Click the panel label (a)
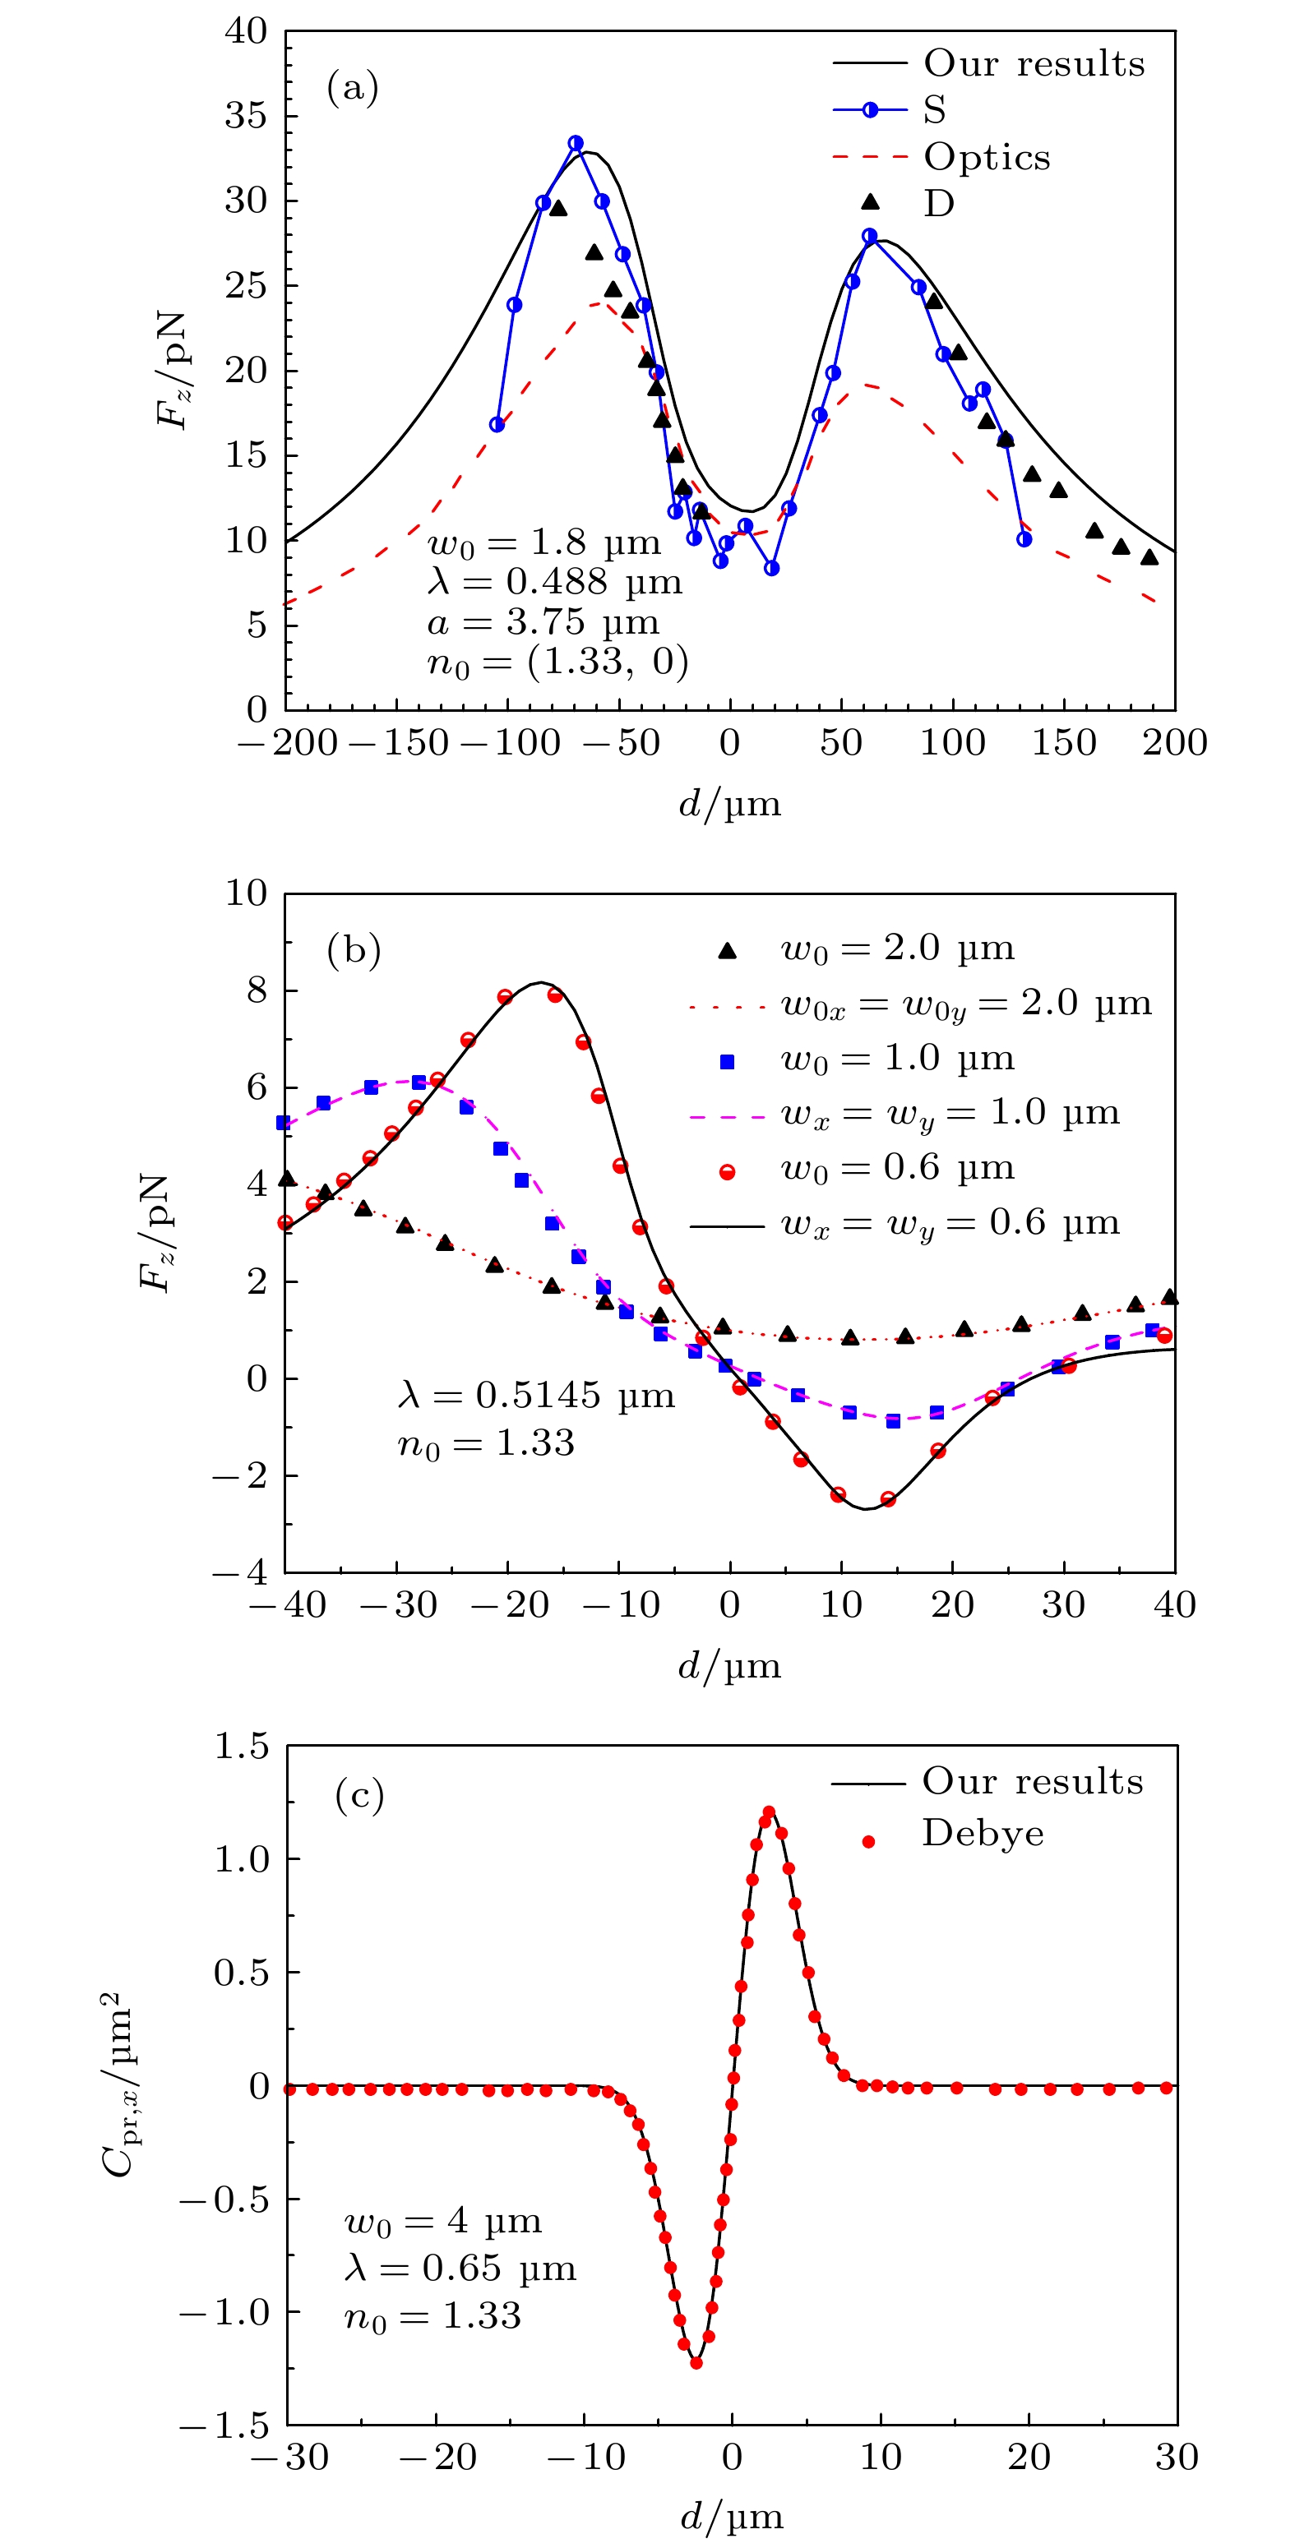pyautogui.click(x=352, y=89)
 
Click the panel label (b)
pyautogui.click(x=354, y=949)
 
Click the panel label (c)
pyautogui.click(x=359, y=1795)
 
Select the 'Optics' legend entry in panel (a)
pyautogui.click(x=987, y=156)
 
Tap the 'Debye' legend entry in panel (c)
pyautogui.click(x=983, y=1833)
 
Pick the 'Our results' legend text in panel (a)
pyautogui.click(x=1034, y=63)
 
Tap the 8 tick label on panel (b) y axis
pyautogui.click(x=257, y=990)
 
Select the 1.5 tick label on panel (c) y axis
pyautogui.click(x=242, y=1747)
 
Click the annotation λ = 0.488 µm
pyautogui.click(x=555, y=582)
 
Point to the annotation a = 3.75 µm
pyautogui.click(x=543, y=622)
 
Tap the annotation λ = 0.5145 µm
pyautogui.click(x=535, y=1395)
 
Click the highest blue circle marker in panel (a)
pyautogui.click(x=576, y=143)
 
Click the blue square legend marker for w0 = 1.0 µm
pyautogui.click(x=727, y=1061)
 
